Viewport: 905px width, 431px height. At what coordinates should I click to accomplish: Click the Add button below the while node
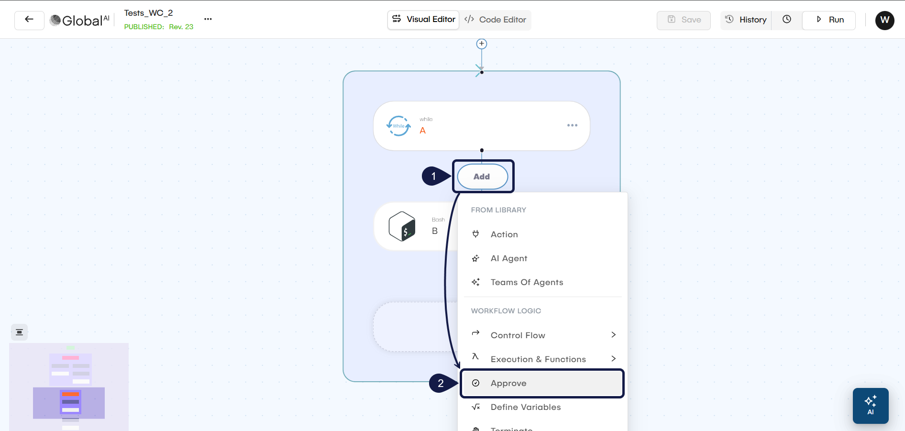482,177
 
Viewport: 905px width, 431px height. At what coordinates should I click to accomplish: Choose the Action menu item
504,234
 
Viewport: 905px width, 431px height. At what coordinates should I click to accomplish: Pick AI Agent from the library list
508,258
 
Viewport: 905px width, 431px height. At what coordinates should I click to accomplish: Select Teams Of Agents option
527,282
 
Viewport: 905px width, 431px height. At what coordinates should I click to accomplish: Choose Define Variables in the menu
525,407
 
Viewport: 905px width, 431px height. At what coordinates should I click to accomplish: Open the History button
746,20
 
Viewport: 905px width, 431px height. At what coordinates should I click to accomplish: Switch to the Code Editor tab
495,20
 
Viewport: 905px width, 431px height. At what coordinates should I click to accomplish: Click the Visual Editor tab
423,20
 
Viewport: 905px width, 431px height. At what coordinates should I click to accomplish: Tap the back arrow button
29,20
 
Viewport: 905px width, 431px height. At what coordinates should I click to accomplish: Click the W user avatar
884,20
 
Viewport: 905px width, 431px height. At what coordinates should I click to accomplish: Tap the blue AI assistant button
871,406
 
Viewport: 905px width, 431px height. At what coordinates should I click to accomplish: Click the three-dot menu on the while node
572,125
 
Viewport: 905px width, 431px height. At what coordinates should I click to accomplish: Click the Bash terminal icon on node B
402,226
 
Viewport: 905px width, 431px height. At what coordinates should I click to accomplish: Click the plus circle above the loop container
482,44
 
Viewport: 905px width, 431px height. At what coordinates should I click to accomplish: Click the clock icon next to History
787,20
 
